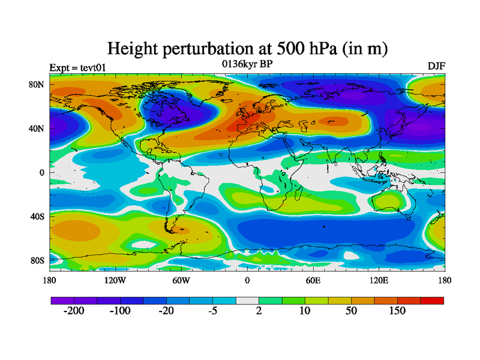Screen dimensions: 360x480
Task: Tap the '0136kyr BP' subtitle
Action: click(x=247, y=64)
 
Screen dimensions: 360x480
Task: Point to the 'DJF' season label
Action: click(x=436, y=66)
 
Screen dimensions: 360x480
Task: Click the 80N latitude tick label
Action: click(x=38, y=85)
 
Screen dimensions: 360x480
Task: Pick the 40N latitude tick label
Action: click(x=38, y=128)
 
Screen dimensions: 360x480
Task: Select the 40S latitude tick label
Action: click(x=38, y=216)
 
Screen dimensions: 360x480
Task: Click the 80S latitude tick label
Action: click(x=38, y=260)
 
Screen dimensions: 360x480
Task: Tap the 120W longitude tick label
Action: click(x=115, y=280)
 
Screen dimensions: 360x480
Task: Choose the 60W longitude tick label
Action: click(x=181, y=280)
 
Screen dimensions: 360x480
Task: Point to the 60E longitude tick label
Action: click(x=313, y=280)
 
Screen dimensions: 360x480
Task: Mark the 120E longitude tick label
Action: click(x=379, y=280)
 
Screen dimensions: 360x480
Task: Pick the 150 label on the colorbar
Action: click(x=398, y=311)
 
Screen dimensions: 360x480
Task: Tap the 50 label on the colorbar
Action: click(x=351, y=311)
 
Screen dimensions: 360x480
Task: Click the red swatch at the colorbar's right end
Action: click(x=432, y=300)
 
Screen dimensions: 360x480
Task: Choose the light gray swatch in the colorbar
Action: click(x=247, y=300)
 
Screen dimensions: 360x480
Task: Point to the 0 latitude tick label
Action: click(x=42, y=173)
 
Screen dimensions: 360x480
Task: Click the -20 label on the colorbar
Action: click(x=166, y=311)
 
